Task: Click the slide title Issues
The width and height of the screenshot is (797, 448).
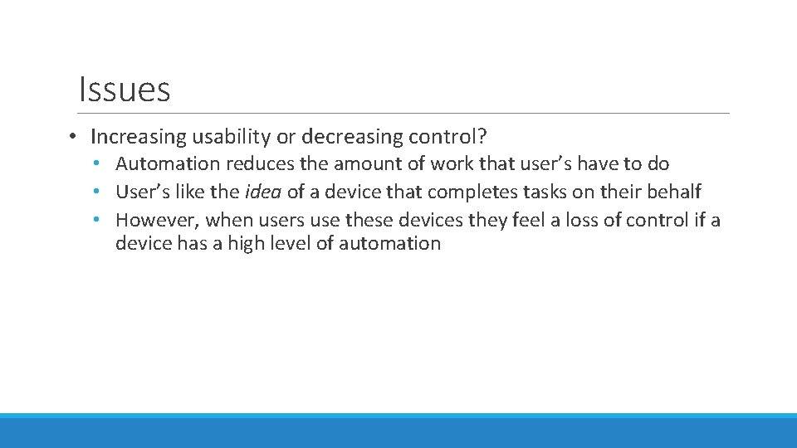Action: pyautogui.click(x=124, y=89)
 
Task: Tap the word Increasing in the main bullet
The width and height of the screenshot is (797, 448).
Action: pyautogui.click(x=139, y=136)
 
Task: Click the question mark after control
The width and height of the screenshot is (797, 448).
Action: pyautogui.click(x=482, y=135)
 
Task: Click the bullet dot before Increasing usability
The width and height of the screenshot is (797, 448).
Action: pyautogui.click(x=74, y=136)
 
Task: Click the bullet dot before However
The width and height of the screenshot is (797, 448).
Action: pyautogui.click(x=98, y=220)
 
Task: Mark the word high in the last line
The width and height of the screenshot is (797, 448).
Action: pyautogui.click(x=238, y=243)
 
